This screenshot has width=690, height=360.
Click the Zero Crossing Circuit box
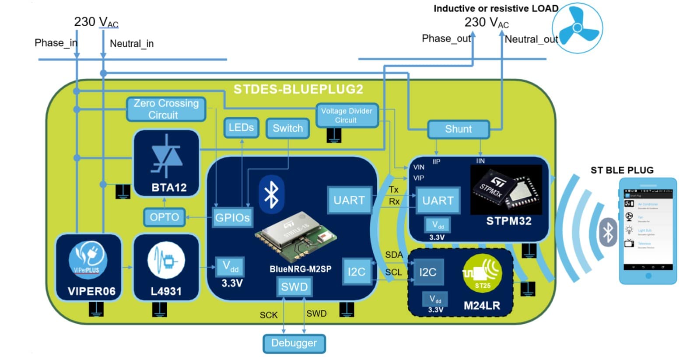tap(166, 109)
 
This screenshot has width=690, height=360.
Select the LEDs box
tap(241, 128)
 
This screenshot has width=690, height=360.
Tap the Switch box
tap(287, 129)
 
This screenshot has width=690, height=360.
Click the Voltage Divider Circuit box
tap(347, 115)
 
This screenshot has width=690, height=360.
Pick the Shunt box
tap(458, 129)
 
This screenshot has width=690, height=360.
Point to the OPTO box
tap(165, 217)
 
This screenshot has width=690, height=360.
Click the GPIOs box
tap(232, 217)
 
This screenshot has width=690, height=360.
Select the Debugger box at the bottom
tap(294, 343)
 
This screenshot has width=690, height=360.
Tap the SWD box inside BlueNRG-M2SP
tap(294, 287)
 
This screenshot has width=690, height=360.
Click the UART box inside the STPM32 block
tap(438, 201)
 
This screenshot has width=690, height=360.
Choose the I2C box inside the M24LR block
tap(427, 272)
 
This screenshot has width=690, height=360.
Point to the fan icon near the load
tap(578, 28)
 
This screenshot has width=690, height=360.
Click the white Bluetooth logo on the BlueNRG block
tap(271, 194)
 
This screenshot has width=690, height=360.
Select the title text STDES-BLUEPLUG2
tap(298, 90)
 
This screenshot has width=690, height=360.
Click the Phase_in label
tap(56, 43)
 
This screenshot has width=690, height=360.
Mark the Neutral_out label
tap(531, 39)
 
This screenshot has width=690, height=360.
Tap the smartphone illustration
tap(648, 231)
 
